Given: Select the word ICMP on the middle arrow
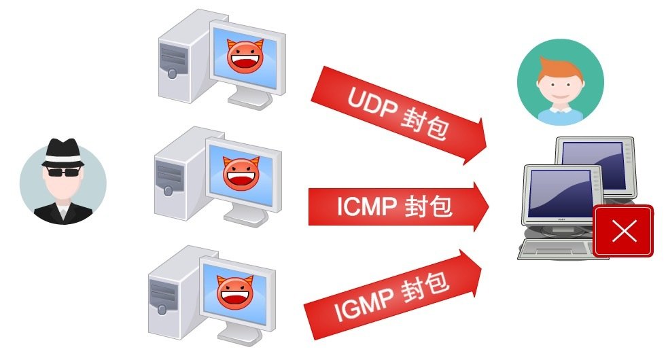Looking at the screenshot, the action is coord(365,206).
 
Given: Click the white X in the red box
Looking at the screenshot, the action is coord(623,231).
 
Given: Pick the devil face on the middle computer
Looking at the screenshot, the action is coord(242,173).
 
